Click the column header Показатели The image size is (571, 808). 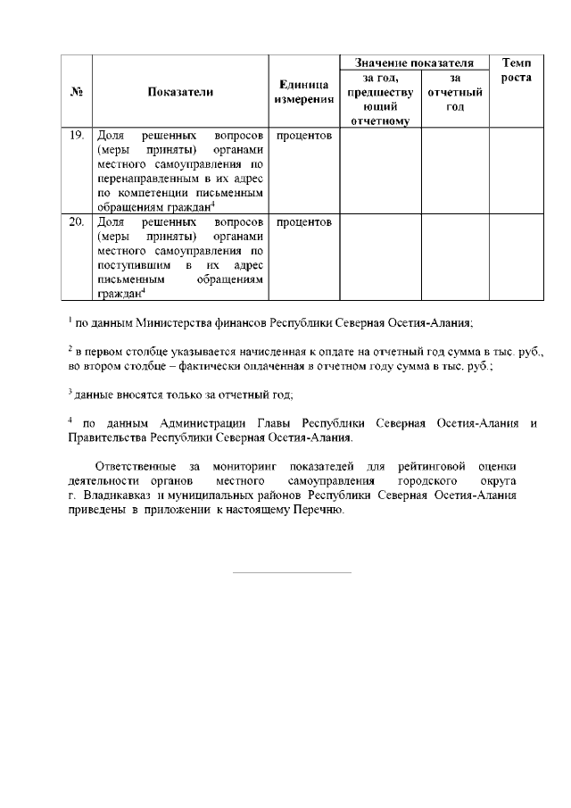181,91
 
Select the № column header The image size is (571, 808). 77,91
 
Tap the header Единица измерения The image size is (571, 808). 303,91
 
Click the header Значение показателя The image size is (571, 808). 413,63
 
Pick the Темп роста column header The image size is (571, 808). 517,71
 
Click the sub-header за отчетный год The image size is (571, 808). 455,92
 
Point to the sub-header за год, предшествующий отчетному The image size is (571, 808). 380,98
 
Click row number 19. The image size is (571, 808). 77,136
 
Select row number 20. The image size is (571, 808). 77,221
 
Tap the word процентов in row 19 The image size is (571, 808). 304,136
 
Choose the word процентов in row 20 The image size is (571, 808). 304,221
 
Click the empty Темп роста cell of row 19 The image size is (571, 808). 517,171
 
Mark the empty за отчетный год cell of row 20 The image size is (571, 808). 455,256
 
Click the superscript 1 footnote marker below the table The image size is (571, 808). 70,318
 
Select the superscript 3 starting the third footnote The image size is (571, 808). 70,389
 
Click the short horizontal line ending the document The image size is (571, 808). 292,572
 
